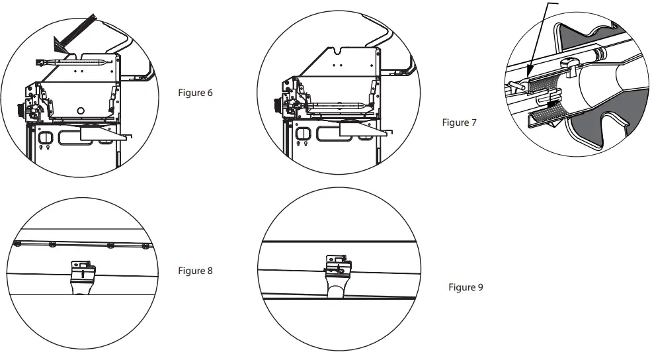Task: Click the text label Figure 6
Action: pos(195,93)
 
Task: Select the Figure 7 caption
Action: pos(458,123)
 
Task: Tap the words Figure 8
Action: pos(195,271)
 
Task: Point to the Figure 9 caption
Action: pos(466,287)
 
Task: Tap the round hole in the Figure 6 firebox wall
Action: pos(80,110)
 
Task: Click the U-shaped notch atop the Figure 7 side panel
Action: pos(339,49)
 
